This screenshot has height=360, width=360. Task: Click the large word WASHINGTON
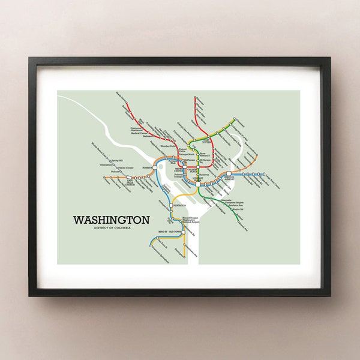[x=111, y=220]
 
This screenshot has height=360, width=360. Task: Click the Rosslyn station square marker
[x=155, y=167]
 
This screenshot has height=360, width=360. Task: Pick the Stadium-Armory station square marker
[x=229, y=175]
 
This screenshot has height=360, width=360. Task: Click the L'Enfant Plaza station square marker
[x=197, y=184]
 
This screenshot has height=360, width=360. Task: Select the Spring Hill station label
[x=115, y=161]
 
